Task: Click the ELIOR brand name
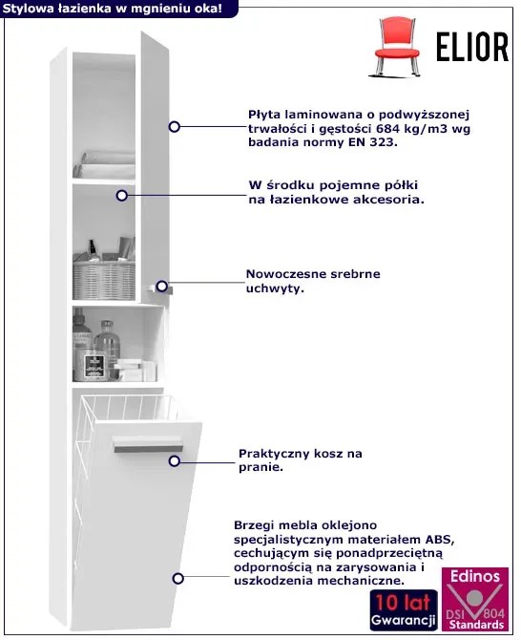(472, 47)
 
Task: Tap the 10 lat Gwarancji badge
(403, 610)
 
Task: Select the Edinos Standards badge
(475, 599)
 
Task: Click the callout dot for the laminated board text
(174, 127)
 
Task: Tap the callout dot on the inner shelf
(121, 196)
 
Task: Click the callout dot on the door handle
(162, 287)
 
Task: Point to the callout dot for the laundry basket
(175, 461)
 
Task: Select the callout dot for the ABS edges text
(177, 578)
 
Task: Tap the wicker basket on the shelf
(104, 280)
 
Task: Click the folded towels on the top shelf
(104, 165)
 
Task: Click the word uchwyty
(275, 288)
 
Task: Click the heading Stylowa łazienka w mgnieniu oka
(112, 9)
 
